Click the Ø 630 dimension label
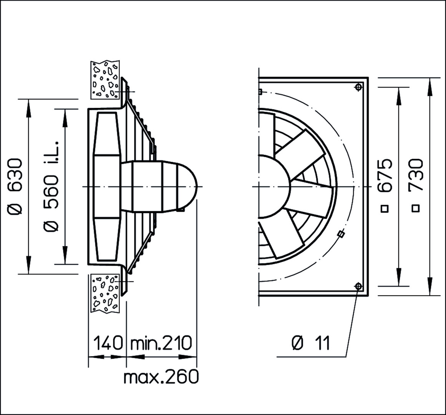(15, 186)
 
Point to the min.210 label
(161, 343)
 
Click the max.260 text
(161, 377)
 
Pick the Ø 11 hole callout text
(311, 343)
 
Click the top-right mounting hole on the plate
(359, 86)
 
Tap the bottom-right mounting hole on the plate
(358, 286)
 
